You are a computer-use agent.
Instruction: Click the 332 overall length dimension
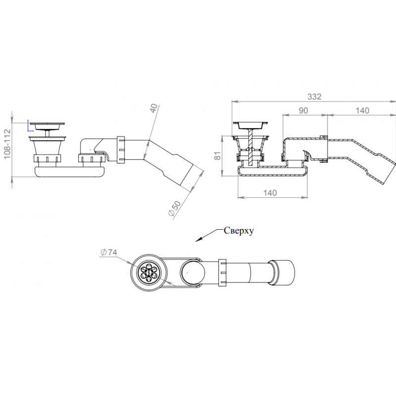pyautogui.click(x=314, y=97)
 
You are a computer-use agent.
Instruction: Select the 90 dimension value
pyautogui.click(x=303, y=110)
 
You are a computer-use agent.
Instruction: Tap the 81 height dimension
pyautogui.click(x=217, y=155)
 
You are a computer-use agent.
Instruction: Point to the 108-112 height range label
pyautogui.click(x=7, y=144)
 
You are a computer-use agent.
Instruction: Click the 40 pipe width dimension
pyautogui.click(x=153, y=108)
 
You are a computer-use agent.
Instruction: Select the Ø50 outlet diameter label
pyautogui.click(x=175, y=208)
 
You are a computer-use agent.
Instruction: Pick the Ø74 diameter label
pyautogui.click(x=108, y=252)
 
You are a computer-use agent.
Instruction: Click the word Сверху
pyautogui.click(x=239, y=231)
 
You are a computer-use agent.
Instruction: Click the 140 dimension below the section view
pyautogui.click(x=270, y=193)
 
